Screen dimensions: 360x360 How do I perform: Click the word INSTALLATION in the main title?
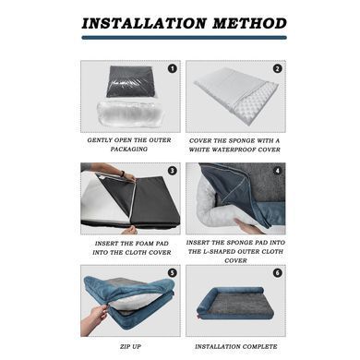(144, 24)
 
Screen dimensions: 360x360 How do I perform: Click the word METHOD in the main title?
(249, 24)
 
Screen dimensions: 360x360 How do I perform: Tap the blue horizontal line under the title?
(184, 38)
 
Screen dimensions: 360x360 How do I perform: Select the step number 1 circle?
(173, 68)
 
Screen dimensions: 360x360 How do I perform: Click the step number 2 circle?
(277, 68)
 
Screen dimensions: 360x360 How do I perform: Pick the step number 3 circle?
(173, 171)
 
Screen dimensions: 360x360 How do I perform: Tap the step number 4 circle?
(277, 171)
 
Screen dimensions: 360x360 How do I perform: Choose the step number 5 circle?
(173, 272)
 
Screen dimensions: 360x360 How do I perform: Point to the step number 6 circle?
(277, 272)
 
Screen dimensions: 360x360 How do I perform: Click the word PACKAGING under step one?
(129, 150)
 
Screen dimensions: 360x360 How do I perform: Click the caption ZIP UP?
(130, 346)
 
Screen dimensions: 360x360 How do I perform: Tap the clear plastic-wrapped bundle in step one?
(129, 114)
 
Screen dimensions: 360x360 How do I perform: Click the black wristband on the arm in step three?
(123, 174)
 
